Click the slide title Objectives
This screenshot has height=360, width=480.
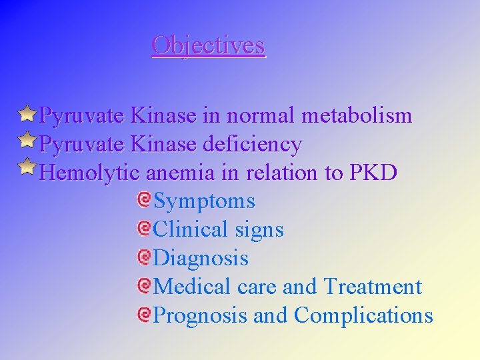tap(208, 45)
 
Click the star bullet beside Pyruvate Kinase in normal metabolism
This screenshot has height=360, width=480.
tap(27, 114)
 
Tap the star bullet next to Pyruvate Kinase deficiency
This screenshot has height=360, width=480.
tap(27, 142)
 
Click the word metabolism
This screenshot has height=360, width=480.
tap(357, 116)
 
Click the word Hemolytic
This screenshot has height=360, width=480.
tap(89, 173)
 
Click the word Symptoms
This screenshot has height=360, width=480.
tap(204, 201)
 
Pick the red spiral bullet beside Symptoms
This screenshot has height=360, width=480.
tap(143, 199)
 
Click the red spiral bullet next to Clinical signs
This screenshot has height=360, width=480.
tap(143, 228)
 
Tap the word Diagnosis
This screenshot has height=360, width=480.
tap(201, 258)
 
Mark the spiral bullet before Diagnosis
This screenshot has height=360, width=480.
tap(143, 257)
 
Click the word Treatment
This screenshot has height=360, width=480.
tap(373, 287)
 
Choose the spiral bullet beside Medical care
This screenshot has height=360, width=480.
tap(143, 285)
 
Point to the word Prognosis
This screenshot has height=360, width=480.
tap(200, 315)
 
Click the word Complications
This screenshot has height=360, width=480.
tap(363, 315)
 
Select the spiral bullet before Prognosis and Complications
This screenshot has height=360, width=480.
tap(143, 314)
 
